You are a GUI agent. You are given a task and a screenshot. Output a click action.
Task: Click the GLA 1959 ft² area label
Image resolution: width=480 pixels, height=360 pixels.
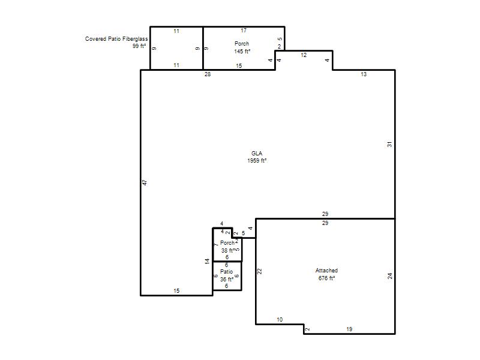257,157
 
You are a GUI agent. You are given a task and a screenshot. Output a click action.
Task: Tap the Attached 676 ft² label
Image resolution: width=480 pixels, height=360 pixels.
326,274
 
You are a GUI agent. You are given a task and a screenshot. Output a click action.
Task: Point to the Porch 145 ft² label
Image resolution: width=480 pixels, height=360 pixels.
242,47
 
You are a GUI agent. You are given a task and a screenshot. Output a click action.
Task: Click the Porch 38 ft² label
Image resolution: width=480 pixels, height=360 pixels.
228,247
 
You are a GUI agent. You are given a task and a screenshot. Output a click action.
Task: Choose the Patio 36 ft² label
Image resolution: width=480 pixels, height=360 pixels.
227,275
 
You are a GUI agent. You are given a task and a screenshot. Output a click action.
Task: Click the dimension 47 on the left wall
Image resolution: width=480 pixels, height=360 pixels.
145,182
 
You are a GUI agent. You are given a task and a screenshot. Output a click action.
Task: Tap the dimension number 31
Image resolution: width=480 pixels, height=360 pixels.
389,144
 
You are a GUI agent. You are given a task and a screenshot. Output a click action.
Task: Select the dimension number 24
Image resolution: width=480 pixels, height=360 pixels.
389,276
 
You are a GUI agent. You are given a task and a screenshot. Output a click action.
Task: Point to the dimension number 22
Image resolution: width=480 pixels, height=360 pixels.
259,271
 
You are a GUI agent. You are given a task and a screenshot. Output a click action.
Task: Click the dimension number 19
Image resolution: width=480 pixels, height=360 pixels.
349,329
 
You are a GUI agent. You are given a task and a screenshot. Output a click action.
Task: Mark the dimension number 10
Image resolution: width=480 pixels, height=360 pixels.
280,320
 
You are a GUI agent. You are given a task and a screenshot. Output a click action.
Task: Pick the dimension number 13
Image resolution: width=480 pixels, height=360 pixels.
364,74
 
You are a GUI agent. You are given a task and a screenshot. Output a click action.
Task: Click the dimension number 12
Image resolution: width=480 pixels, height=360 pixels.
304,55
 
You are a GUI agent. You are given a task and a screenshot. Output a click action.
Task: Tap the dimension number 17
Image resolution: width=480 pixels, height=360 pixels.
244,31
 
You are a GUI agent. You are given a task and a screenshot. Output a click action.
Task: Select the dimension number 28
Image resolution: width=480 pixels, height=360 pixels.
208,74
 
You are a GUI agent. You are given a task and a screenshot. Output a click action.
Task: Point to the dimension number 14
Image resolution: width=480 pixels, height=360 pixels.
207,262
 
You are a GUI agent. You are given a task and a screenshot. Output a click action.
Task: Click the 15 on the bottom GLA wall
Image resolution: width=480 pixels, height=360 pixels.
176,291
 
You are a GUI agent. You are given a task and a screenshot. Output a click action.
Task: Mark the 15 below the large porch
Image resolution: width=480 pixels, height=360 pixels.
239,66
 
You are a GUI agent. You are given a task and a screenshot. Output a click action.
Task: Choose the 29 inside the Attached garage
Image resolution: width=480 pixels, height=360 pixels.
325,223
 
